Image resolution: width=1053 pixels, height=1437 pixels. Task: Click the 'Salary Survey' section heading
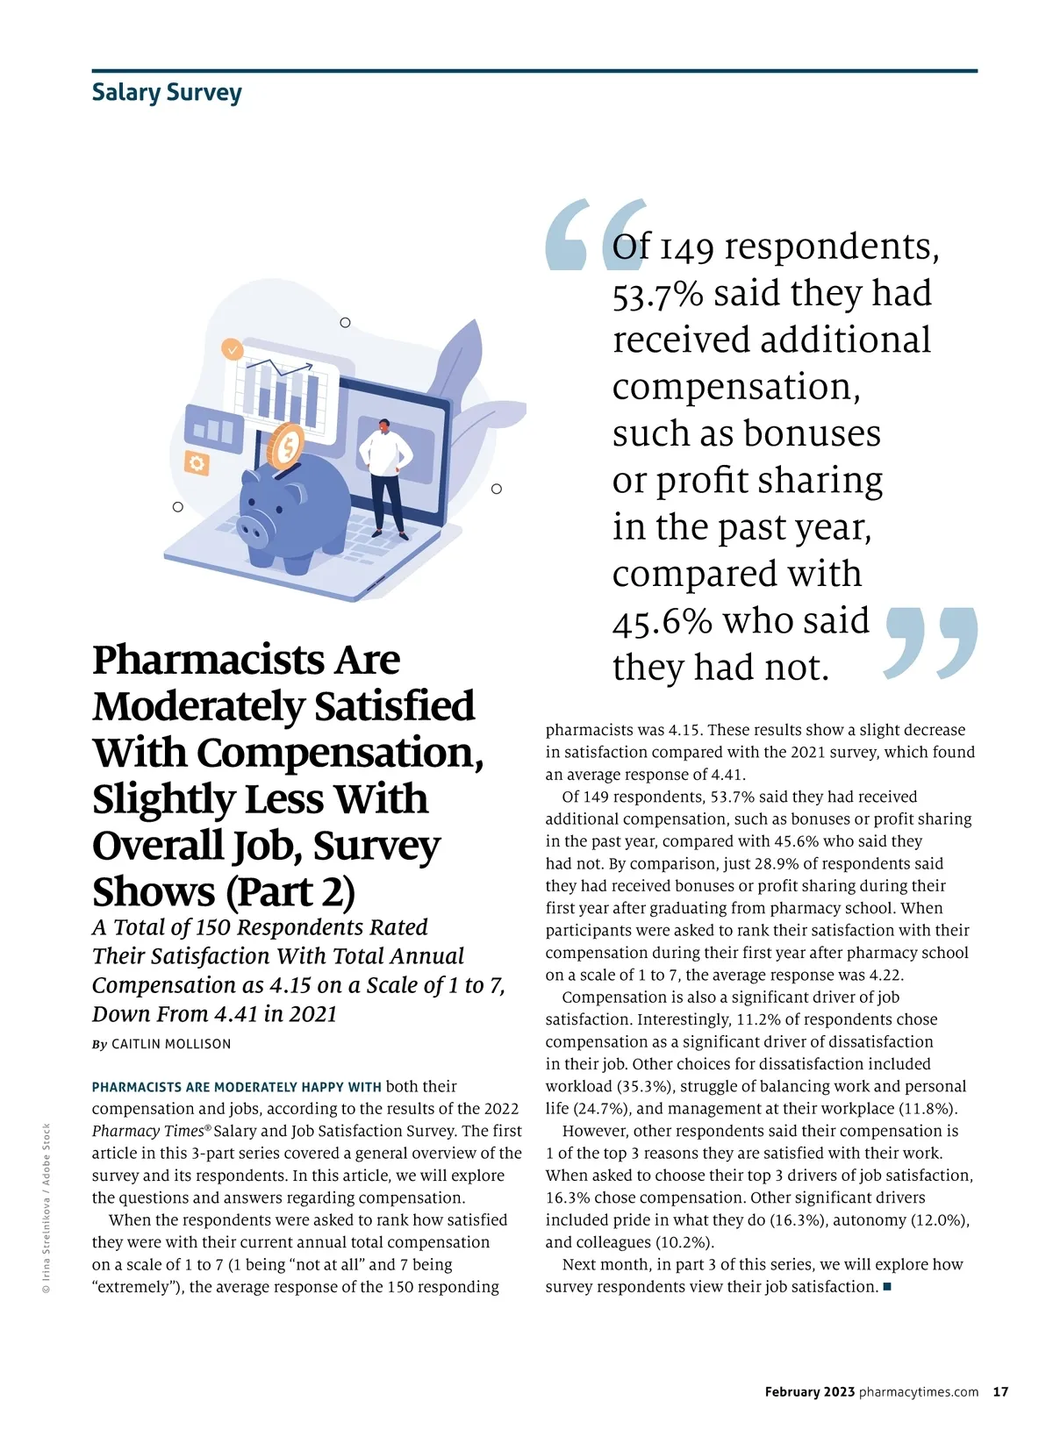pos(167,93)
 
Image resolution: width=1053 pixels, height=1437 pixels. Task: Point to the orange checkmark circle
pos(232,349)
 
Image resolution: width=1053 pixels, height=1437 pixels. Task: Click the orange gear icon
pos(197,463)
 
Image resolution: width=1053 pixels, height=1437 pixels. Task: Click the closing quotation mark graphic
pos(931,641)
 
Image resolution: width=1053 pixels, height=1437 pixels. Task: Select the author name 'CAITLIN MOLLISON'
pos(171,1044)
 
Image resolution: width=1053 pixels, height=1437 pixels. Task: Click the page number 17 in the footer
pos(1000,1391)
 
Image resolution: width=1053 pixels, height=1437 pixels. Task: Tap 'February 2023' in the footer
pos(809,1391)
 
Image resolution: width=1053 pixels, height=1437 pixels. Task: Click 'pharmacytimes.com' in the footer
pos(919,1391)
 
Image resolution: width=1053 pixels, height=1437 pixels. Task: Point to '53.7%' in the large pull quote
pos(658,294)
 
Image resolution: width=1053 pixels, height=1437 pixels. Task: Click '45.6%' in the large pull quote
pos(662,621)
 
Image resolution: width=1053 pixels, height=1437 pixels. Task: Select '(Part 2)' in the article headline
pos(290,892)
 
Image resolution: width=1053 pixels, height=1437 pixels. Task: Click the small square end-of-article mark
pos(887,1287)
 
